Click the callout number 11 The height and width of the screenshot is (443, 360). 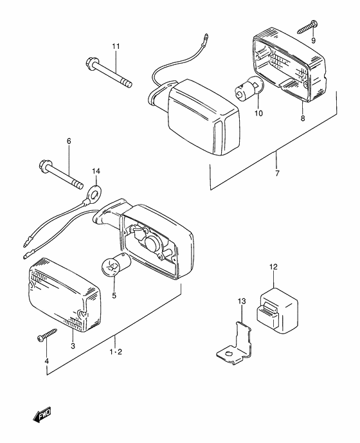pyautogui.click(x=116, y=46)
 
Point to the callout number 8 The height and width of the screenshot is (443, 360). pyautogui.click(x=301, y=118)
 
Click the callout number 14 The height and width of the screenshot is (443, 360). pyautogui.click(x=96, y=171)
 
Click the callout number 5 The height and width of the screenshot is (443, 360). pyautogui.click(x=114, y=296)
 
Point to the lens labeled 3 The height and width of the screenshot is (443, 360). pyautogui.click(x=63, y=292)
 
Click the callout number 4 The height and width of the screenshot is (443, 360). pyautogui.click(x=46, y=362)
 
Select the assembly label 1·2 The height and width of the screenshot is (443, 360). pyautogui.click(x=116, y=352)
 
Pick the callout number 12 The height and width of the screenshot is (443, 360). pyautogui.click(x=273, y=266)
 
